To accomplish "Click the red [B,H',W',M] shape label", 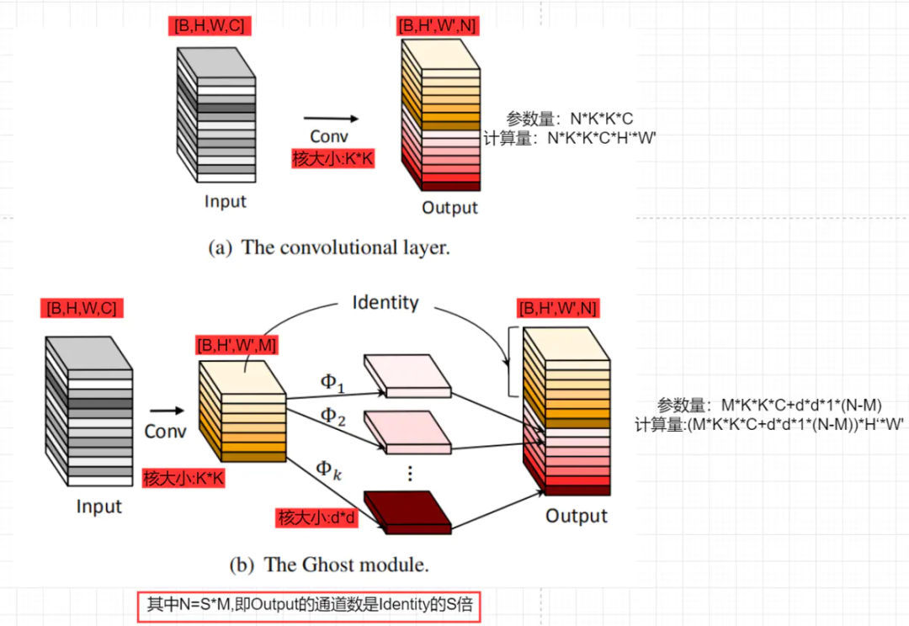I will tap(237, 344).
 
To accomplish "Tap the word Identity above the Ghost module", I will tap(385, 303).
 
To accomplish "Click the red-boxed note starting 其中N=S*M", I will tap(310, 605).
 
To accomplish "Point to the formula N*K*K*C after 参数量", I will tap(602, 119).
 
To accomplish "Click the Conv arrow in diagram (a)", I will tap(331, 119).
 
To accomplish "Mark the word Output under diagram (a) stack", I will tap(449, 208).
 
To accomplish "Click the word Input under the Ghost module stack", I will tap(98, 507).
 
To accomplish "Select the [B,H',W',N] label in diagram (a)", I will tap(438, 26).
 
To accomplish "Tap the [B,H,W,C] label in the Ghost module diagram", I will tap(82, 309).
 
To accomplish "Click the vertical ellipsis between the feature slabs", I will tap(409, 473).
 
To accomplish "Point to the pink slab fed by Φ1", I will tap(407, 375).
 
